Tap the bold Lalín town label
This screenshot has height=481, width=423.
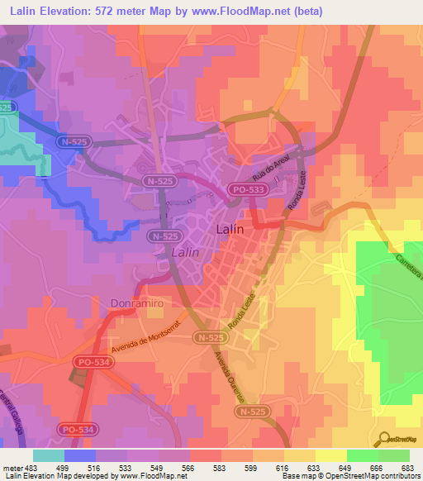[x=229, y=230]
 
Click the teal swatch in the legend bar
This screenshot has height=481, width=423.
[x=49, y=455]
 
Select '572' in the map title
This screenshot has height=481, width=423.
[x=122, y=11]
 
